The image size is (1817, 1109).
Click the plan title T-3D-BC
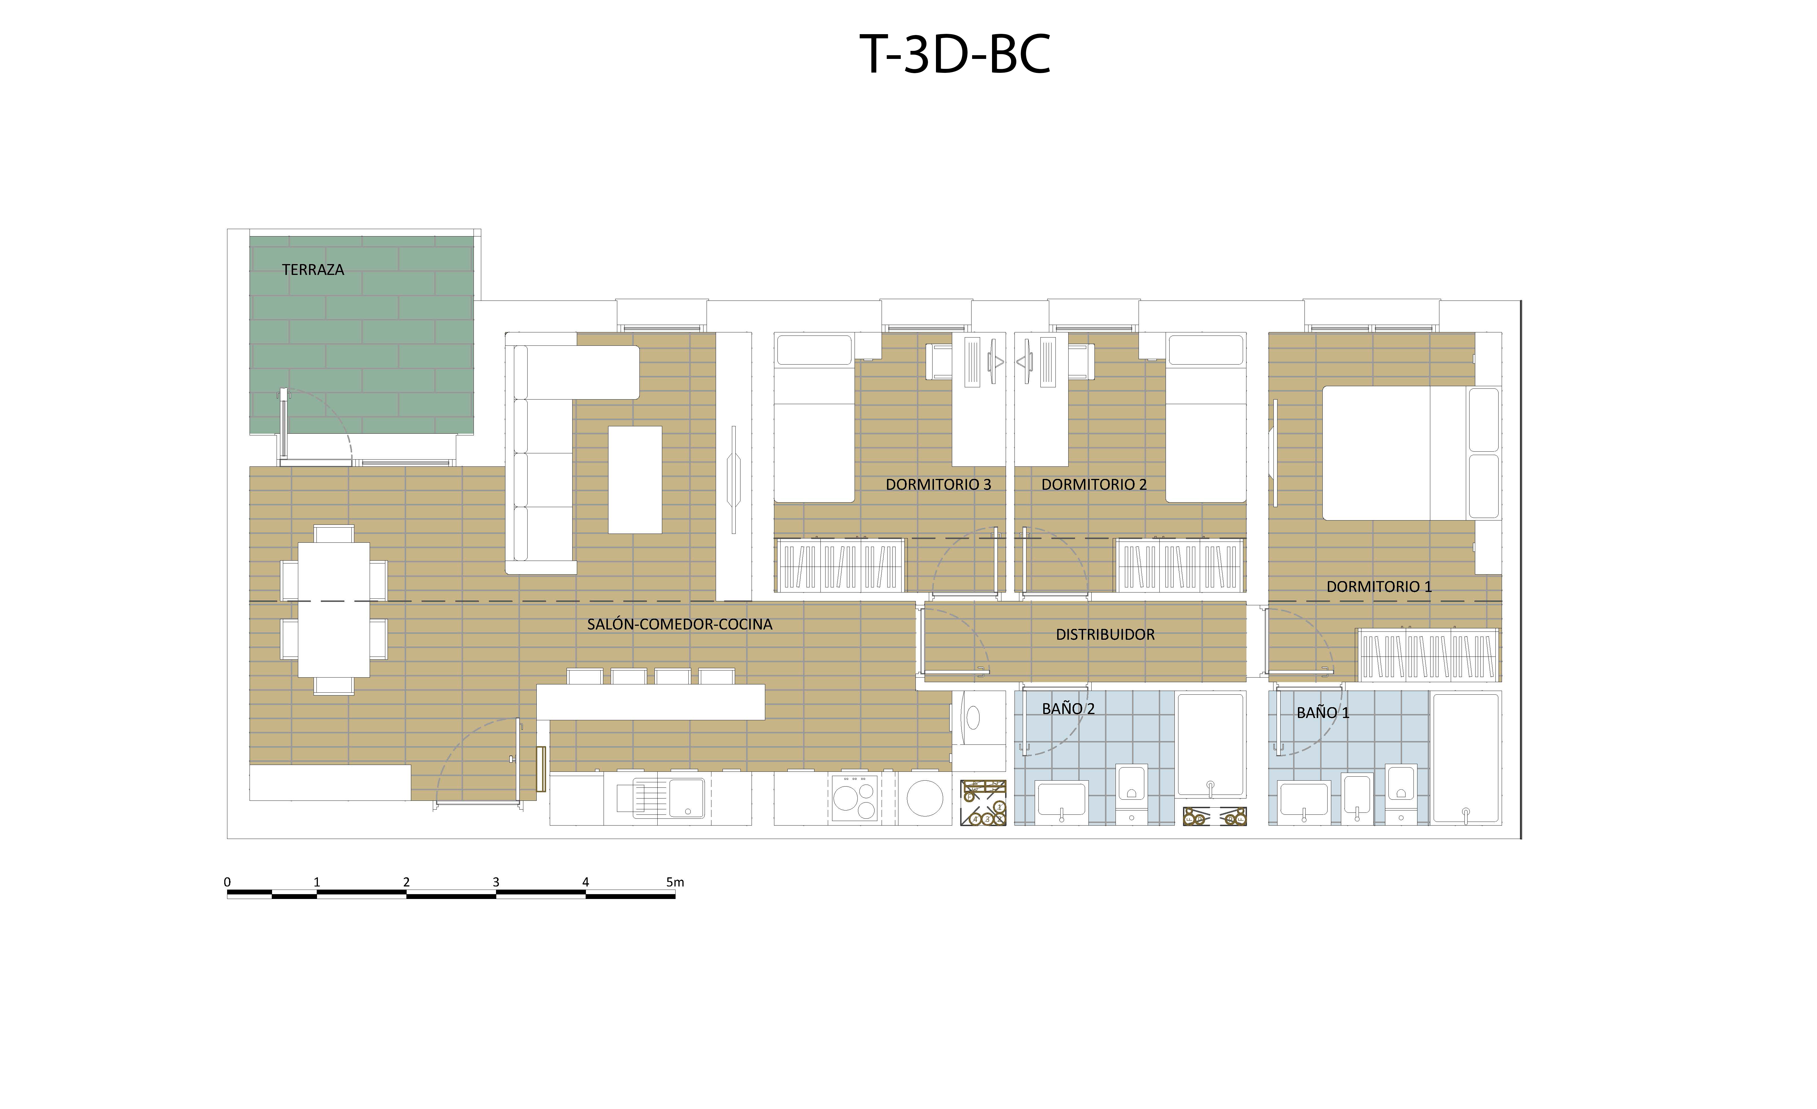955,55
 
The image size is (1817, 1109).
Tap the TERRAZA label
313,270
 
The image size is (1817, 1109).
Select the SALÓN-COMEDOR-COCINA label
679,625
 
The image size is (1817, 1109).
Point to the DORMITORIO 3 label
938,484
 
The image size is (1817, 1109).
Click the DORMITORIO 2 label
1094,484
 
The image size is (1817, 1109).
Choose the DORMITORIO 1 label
1379,587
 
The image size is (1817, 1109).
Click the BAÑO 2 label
1068,709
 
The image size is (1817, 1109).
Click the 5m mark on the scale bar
675,882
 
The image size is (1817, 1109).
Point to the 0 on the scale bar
227,882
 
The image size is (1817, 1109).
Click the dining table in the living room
333,610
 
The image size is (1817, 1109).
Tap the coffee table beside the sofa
634,480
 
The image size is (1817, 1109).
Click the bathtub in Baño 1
1465,758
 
